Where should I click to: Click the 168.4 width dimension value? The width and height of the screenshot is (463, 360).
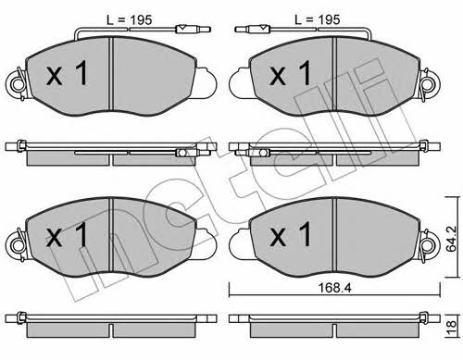335,288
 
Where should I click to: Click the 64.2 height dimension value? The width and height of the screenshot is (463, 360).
451,239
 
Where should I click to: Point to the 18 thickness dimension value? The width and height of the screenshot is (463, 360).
452,325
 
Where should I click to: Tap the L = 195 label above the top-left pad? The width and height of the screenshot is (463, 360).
130,20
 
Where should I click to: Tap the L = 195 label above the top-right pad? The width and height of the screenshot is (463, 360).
318,20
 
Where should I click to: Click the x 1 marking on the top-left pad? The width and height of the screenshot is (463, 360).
68,73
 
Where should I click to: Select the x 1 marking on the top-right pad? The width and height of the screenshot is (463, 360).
291,73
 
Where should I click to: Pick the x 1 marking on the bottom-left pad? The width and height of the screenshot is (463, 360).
68,234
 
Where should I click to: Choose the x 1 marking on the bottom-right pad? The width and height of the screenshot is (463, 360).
291,234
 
